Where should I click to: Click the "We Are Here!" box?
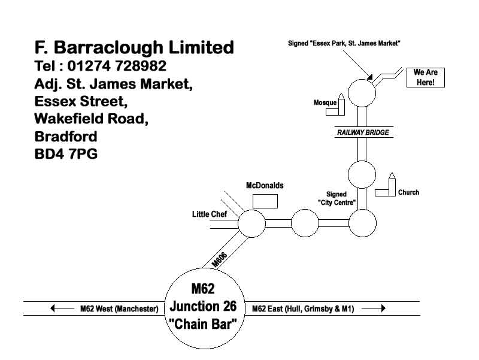427,77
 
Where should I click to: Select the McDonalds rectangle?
265,201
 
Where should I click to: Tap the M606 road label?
220,259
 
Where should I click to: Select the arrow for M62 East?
373,308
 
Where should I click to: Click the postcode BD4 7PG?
66,154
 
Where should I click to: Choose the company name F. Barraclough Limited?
134,47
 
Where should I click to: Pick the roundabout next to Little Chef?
251,224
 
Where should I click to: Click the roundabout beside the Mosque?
362,92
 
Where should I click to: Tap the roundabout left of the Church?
362,175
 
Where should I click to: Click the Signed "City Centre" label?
336,198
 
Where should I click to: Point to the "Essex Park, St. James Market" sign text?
344,43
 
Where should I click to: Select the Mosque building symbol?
341,104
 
